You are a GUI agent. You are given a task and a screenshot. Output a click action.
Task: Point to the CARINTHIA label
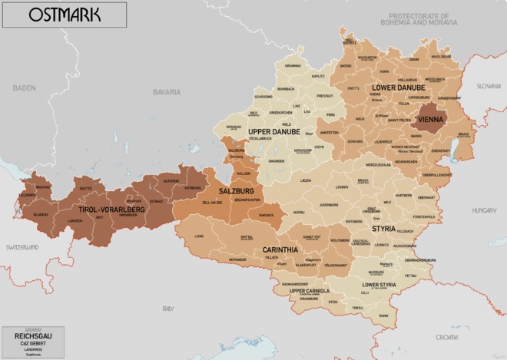point(280,250)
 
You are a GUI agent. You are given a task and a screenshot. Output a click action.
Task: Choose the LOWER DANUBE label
point(399,88)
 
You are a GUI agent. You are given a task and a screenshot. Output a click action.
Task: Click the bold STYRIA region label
point(385,229)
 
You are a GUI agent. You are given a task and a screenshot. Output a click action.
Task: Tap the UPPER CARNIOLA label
point(310,291)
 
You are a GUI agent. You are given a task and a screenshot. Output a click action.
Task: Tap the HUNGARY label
point(484,210)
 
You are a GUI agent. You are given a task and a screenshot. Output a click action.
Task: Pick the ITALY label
point(167,308)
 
